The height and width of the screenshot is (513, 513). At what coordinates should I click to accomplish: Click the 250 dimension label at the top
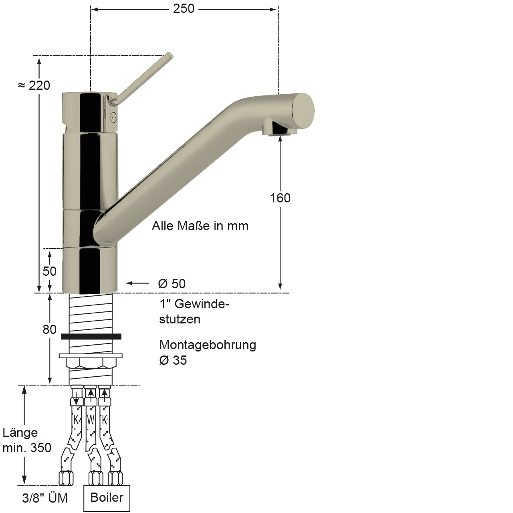pyautogui.click(x=184, y=8)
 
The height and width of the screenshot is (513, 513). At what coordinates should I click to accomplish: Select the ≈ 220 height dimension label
pyautogui.click(x=34, y=85)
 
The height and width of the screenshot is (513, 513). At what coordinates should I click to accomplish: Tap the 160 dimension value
pyautogui.click(x=280, y=198)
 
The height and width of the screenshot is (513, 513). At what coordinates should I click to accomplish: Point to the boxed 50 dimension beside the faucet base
pyautogui.click(x=50, y=271)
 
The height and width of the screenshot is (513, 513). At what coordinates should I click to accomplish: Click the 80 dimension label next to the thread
pyautogui.click(x=50, y=330)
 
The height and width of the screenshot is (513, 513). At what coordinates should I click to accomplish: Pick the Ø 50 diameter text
pyautogui.click(x=172, y=284)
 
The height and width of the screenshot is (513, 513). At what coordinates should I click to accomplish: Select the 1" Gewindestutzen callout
pyautogui.click(x=194, y=312)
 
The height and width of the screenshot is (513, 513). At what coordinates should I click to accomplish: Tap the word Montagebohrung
pyautogui.click(x=208, y=345)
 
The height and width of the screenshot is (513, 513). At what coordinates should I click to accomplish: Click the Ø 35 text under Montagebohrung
pyautogui.click(x=173, y=360)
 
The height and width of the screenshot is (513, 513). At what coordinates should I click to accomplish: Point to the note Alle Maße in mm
pyautogui.click(x=200, y=226)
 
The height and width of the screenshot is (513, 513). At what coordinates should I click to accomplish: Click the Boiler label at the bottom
pyautogui.click(x=107, y=498)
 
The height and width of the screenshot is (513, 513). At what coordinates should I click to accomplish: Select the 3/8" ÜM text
pyautogui.click(x=44, y=498)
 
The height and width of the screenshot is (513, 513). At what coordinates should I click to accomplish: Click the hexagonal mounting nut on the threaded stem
pyautogui.click(x=91, y=363)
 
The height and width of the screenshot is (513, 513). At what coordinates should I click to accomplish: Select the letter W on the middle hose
pyautogui.click(x=91, y=420)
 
